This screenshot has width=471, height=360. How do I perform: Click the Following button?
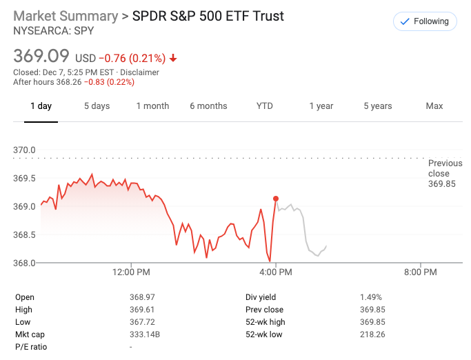(425, 21)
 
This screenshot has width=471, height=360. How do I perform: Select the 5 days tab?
(97, 106)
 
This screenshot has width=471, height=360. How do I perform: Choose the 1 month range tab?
(152, 106)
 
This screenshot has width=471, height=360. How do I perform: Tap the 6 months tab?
(208, 106)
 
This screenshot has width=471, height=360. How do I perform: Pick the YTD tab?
(265, 106)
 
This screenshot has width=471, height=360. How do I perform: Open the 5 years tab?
(378, 106)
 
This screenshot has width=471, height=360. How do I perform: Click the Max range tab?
(434, 106)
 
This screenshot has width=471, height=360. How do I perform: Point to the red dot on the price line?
(276, 199)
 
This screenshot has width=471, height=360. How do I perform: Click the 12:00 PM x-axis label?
(131, 272)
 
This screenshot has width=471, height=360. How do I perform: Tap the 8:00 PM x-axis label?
(420, 272)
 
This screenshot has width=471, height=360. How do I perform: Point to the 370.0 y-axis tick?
(25, 150)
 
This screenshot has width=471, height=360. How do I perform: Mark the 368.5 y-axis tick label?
(25, 235)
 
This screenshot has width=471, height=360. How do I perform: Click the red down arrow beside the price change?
(173, 59)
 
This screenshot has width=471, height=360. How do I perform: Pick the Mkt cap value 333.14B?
(145, 334)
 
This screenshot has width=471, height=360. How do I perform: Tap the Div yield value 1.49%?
(371, 297)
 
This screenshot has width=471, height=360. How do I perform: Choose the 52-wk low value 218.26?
(372, 334)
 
